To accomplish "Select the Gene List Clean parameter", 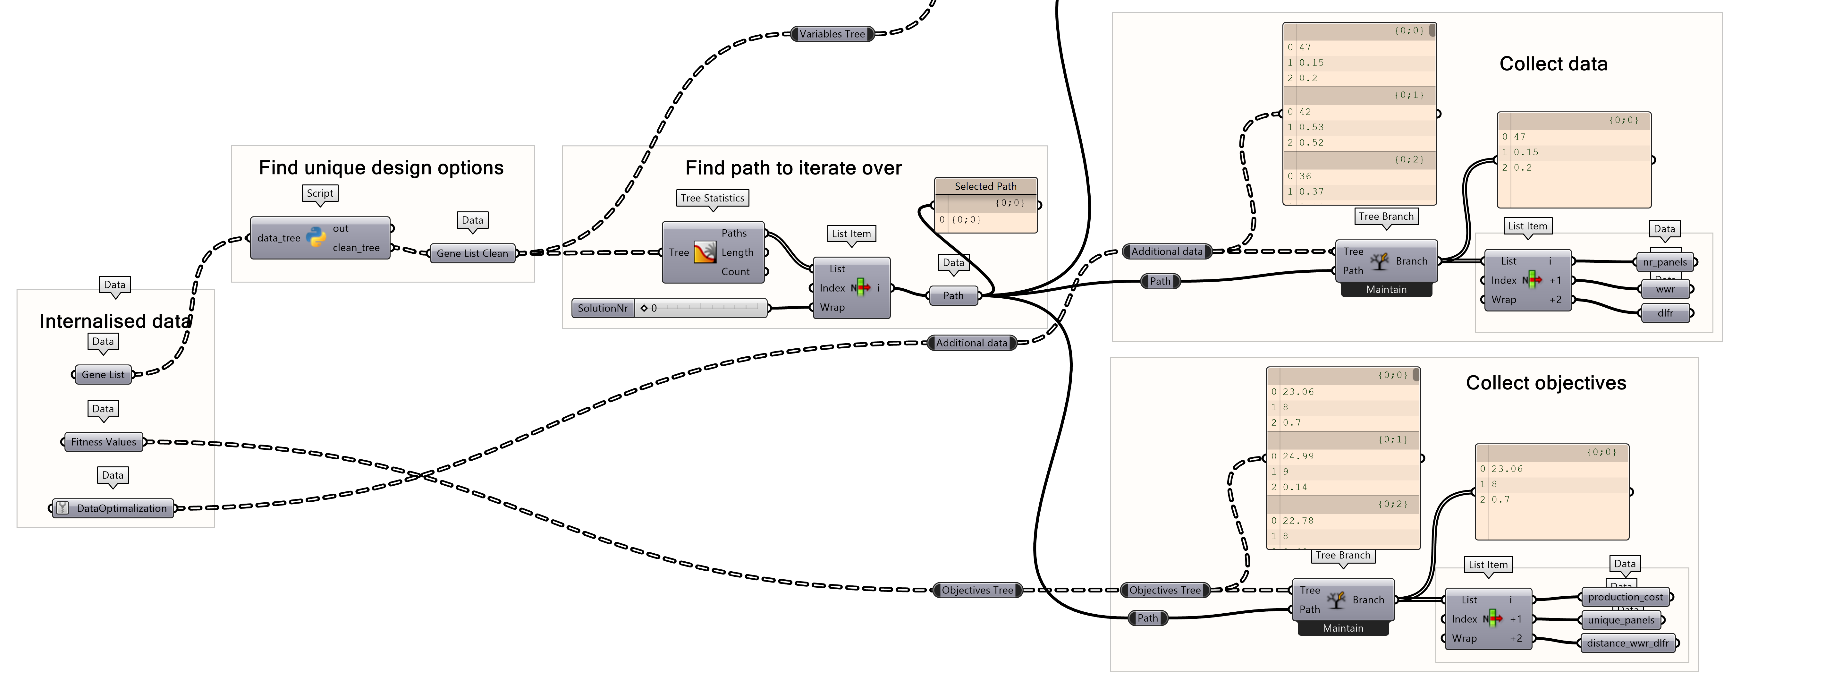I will point(472,253).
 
